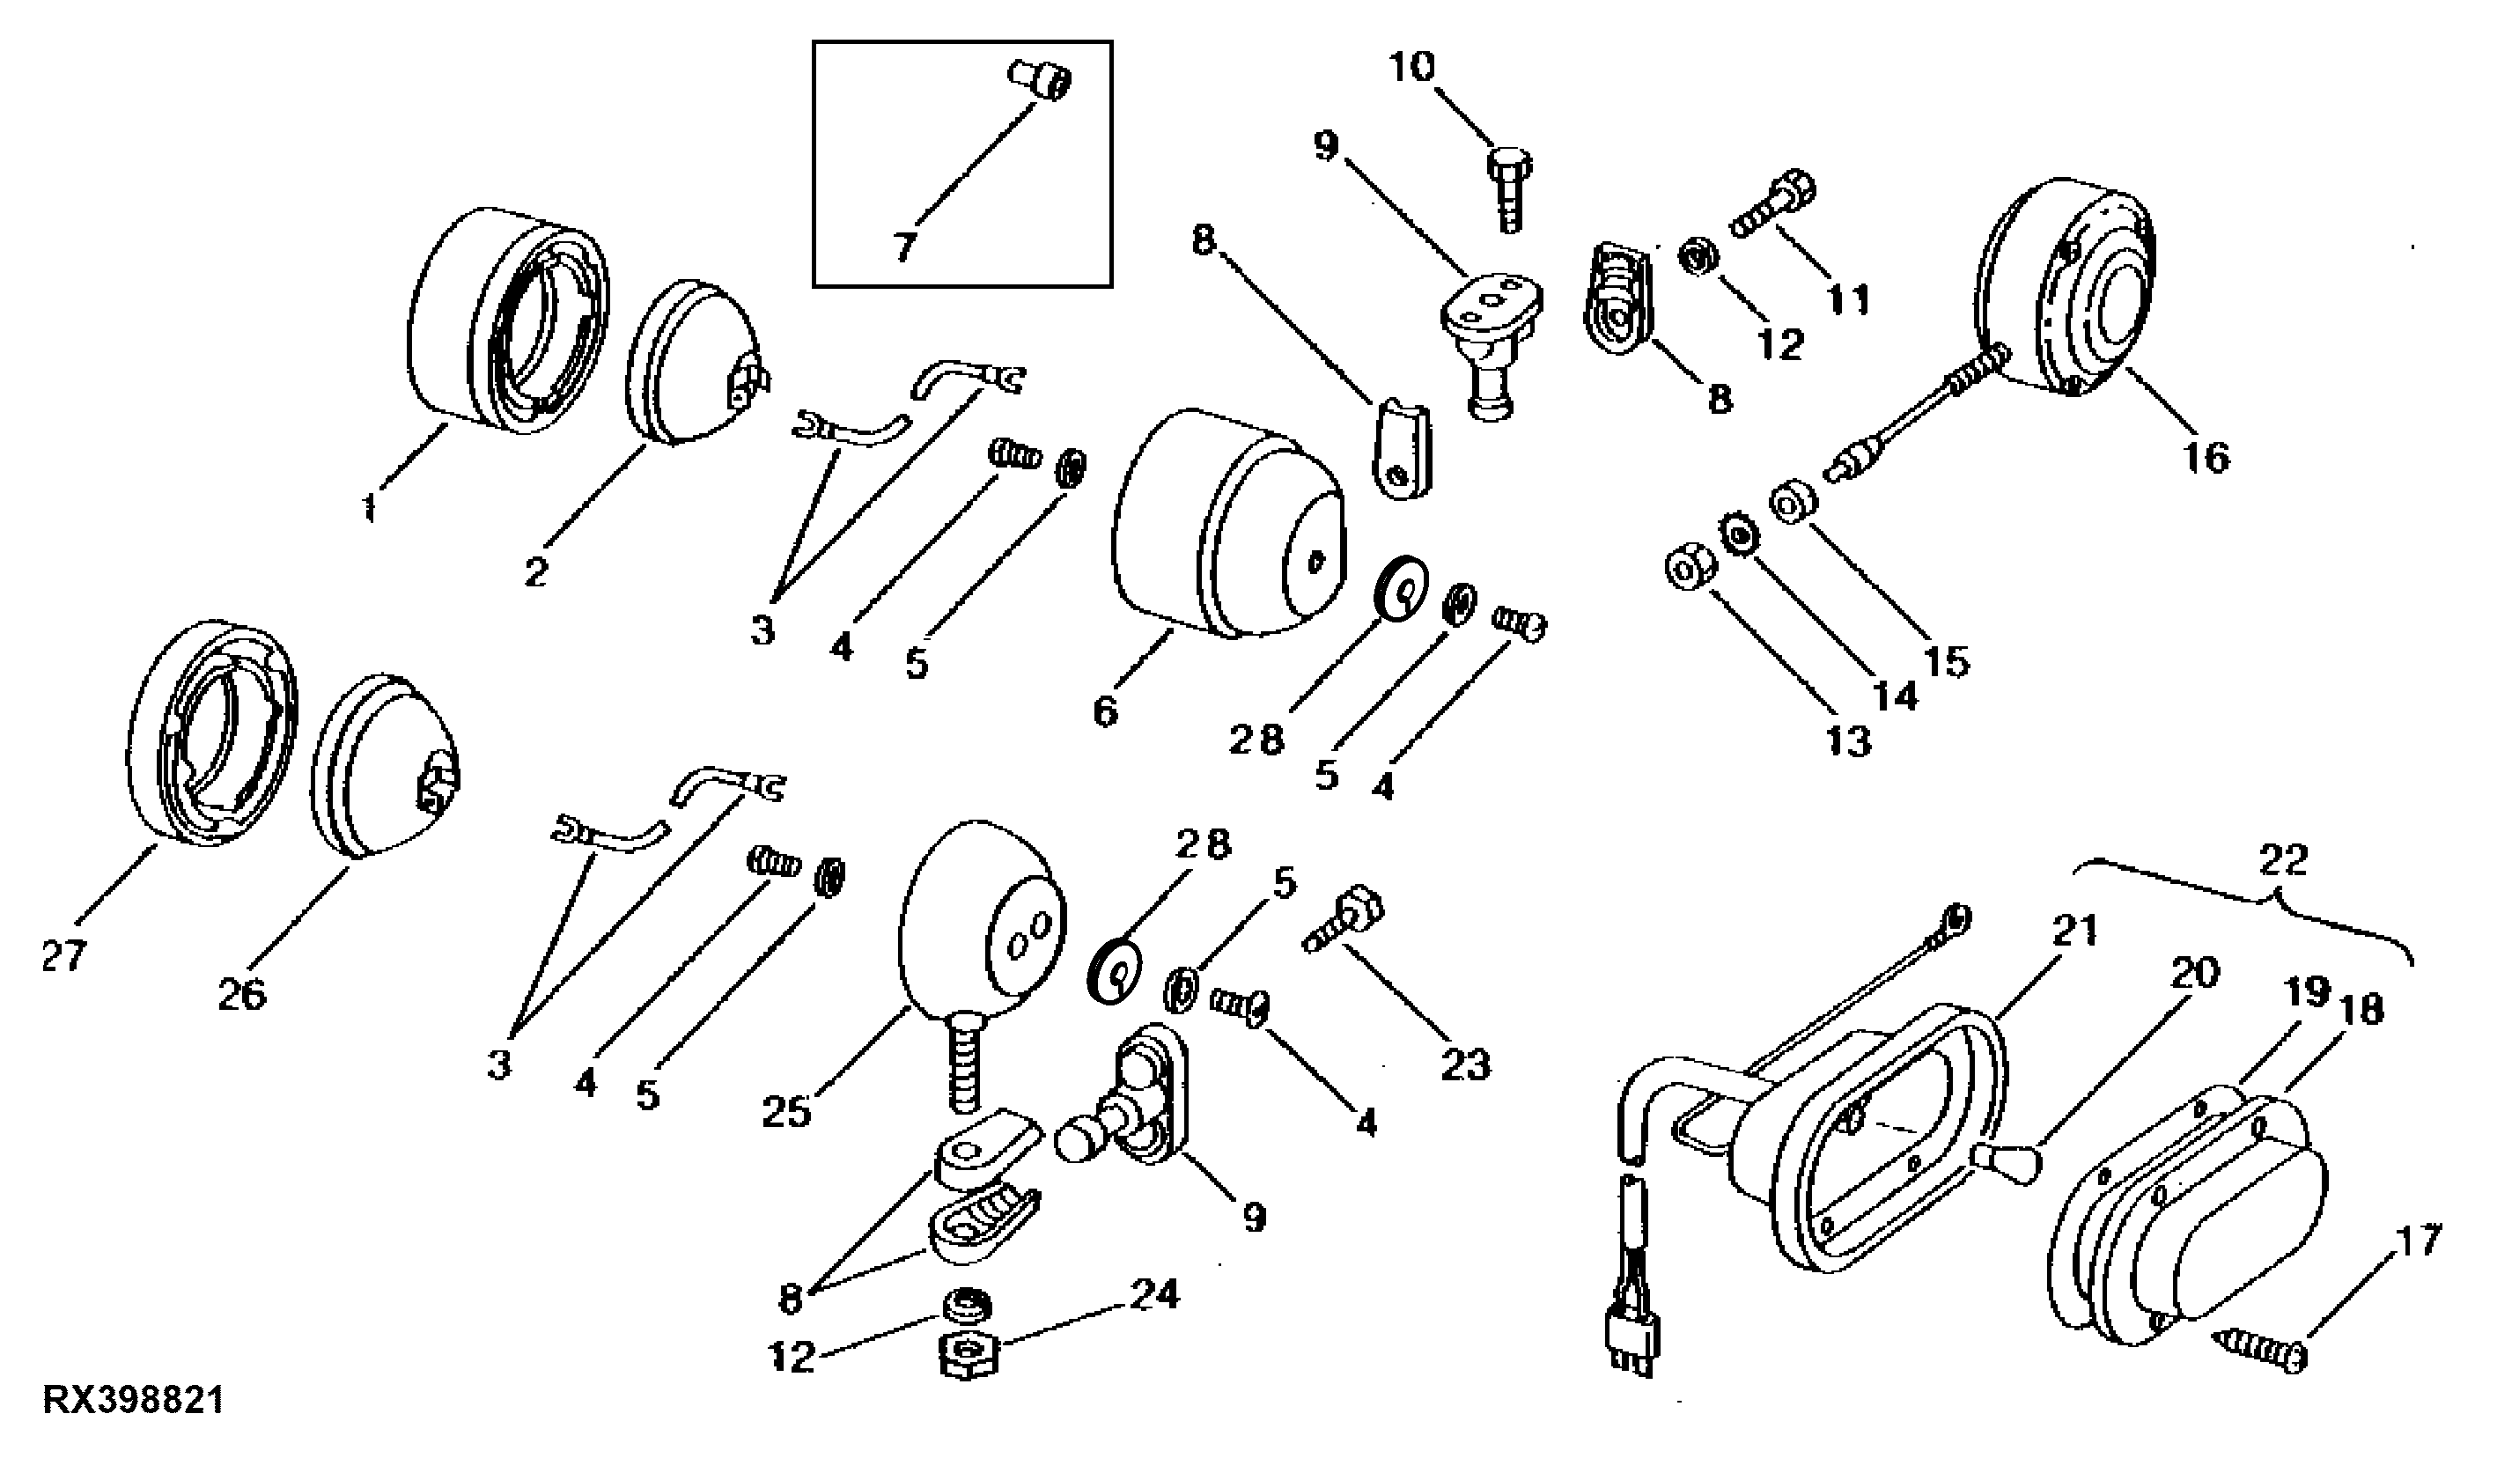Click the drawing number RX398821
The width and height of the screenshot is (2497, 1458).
pos(134,1401)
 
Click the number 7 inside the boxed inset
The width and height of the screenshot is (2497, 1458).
pos(903,247)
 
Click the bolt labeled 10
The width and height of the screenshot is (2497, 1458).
pos(1508,189)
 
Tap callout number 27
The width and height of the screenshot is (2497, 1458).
pos(64,956)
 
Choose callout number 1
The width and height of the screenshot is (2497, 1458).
pos(370,509)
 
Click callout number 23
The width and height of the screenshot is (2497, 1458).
pos(1465,1065)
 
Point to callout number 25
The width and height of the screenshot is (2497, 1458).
pos(788,1112)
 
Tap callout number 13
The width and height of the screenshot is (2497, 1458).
pos(1848,740)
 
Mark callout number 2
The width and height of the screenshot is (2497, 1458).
pos(536,572)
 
